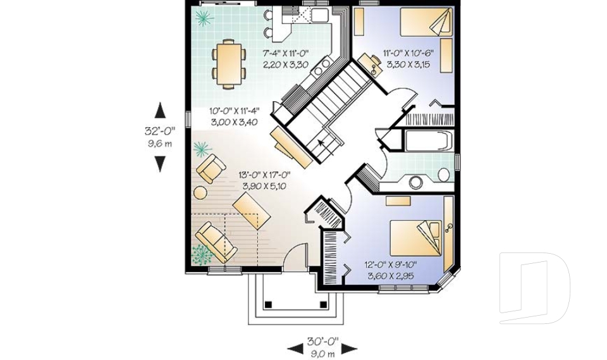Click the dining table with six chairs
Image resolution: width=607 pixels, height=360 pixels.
point(229,64)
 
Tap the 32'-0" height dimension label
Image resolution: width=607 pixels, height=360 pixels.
point(160,131)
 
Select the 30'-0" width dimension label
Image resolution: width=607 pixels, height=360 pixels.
point(322,342)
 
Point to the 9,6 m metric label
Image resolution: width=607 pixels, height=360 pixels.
point(160,144)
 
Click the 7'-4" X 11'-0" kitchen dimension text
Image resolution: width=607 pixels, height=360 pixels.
point(286,53)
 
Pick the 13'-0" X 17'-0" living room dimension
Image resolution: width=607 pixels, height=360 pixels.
point(264,175)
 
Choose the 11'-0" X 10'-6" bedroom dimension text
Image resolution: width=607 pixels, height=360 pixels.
point(408,53)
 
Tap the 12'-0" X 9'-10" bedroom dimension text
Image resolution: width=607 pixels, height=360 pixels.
point(390,264)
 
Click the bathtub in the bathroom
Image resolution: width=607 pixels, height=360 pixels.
point(429,140)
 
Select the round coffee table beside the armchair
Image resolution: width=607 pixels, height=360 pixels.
point(200,192)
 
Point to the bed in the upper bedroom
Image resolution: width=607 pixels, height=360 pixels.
point(426,22)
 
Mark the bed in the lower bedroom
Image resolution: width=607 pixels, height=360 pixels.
point(416,238)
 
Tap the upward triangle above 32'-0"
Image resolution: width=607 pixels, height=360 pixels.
point(160,110)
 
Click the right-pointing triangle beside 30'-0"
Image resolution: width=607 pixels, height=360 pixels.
point(349,349)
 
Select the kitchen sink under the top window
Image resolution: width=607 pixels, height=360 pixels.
point(320,15)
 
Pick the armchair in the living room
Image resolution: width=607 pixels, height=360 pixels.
point(211,168)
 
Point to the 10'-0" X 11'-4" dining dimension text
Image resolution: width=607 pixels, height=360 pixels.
point(234,111)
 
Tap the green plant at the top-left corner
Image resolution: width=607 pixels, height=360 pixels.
point(204,18)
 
